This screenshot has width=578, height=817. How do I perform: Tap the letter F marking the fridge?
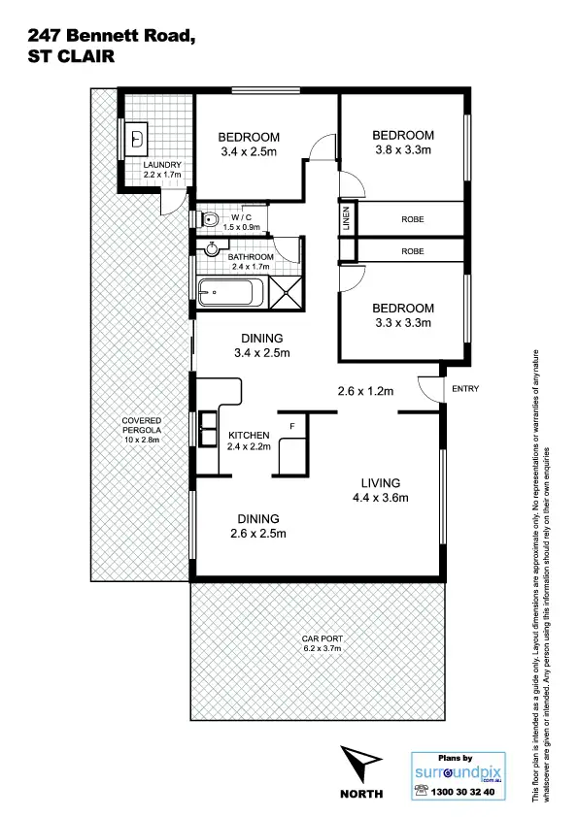click(292, 423)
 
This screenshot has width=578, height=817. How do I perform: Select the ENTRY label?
click(466, 389)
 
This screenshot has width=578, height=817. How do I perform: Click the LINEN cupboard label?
click(345, 219)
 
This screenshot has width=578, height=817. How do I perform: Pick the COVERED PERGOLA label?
click(141, 431)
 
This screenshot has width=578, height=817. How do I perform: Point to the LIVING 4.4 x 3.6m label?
click(381, 491)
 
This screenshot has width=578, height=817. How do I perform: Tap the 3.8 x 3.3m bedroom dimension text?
click(403, 150)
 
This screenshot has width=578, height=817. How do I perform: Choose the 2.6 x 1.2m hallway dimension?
click(364, 392)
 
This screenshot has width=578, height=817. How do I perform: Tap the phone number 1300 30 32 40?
click(460, 792)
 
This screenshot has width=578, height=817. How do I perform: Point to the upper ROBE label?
click(412, 219)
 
